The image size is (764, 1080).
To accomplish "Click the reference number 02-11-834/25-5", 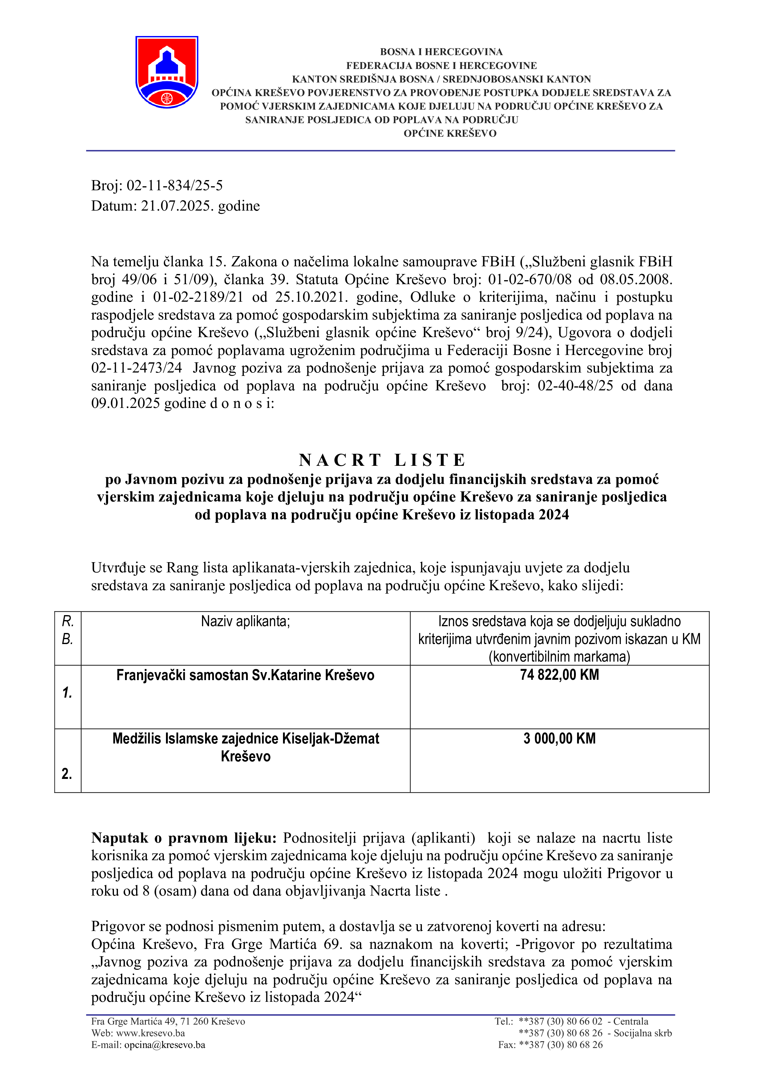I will [175, 186].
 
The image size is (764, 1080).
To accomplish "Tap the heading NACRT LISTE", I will [382, 460].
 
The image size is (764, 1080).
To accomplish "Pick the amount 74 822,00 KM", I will [559, 675].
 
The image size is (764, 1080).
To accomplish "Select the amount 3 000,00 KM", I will [559, 739].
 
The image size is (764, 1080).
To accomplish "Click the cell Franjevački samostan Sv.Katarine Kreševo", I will [245, 675].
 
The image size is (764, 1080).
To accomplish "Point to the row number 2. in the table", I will [67, 773].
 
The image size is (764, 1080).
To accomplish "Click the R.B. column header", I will [68, 630].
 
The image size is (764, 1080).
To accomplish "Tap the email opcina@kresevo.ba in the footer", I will [165, 1045].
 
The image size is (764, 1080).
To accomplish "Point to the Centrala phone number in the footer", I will [560, 1021].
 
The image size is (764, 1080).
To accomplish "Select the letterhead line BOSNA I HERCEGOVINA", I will [441, 52].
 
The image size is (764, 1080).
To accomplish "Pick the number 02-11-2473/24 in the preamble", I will [136, 368].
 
